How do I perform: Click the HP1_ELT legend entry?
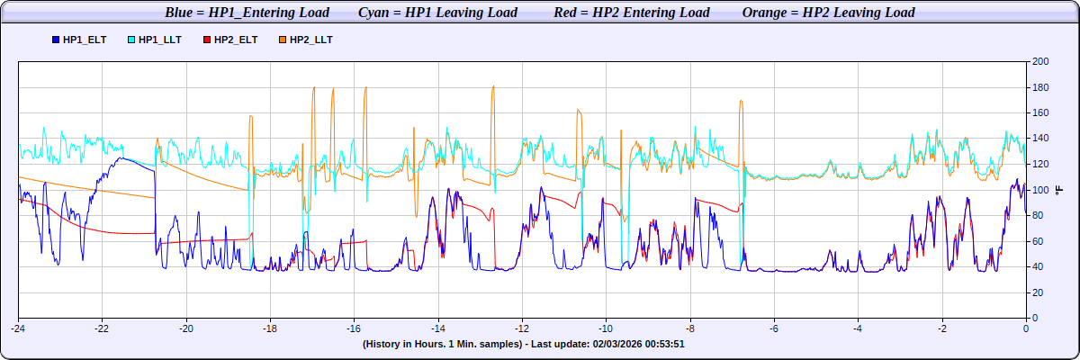(83, 40)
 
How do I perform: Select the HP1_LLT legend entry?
(159, 40)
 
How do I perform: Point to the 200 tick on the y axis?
(1040, 62)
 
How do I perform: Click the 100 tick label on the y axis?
(1040, 190)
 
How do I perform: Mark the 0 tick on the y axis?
(1036, 318)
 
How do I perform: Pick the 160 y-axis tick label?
(1040, 113)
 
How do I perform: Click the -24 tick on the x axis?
(18, 328)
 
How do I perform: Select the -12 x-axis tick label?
(521, 328)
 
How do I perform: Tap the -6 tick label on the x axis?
(773, 328)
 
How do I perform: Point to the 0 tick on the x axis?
(1026, 328)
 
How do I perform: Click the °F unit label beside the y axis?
(1058, 190)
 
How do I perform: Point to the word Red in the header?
(566, 13)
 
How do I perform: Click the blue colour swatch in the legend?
(56, 40)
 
